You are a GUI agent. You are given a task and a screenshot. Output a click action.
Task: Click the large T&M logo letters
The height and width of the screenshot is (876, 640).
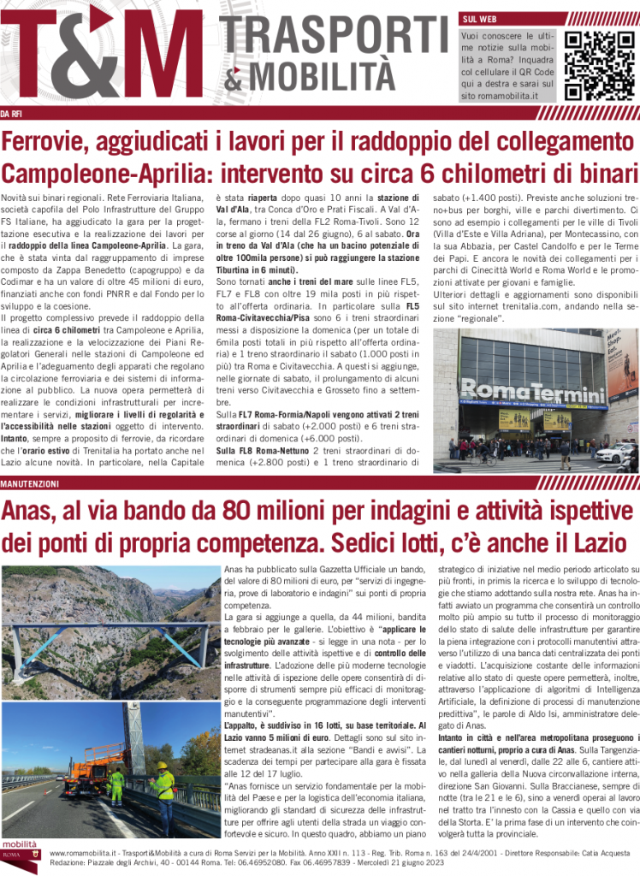pos(107,56)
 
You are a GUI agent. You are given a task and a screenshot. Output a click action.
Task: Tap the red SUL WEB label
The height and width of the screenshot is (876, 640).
pos(479,19)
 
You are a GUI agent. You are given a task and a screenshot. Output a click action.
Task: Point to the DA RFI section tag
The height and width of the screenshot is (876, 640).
pos(12,114)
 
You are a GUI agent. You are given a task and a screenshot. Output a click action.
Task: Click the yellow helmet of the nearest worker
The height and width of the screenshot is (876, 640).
pos(161,766)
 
